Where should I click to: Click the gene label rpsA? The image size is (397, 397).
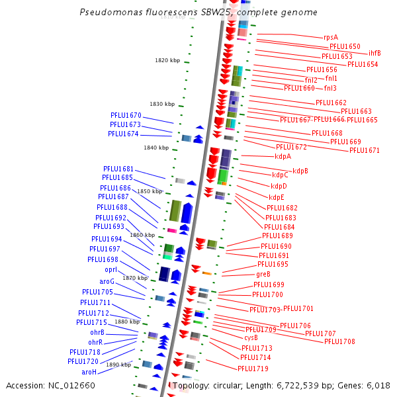click(331, 37)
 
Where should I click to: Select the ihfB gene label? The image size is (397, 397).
click(375, 53)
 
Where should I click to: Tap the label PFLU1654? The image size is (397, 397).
click(363, 64)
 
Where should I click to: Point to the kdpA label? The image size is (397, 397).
click(283, 156)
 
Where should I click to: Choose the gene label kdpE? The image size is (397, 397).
click(277, 197)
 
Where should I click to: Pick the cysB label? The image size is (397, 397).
click(251, 337)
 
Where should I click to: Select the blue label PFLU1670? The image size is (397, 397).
click(126, 115)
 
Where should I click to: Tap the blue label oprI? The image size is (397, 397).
click(110, 270)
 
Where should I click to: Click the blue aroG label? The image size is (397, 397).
click(107, 281)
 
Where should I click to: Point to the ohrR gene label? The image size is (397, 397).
click(95, 342)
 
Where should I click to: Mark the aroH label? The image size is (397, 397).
click(89, 372)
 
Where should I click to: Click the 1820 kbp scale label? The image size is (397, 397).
click(167, 60)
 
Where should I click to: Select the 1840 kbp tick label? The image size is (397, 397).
click(156, 148)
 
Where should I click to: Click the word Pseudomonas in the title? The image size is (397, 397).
click(110, 13)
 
